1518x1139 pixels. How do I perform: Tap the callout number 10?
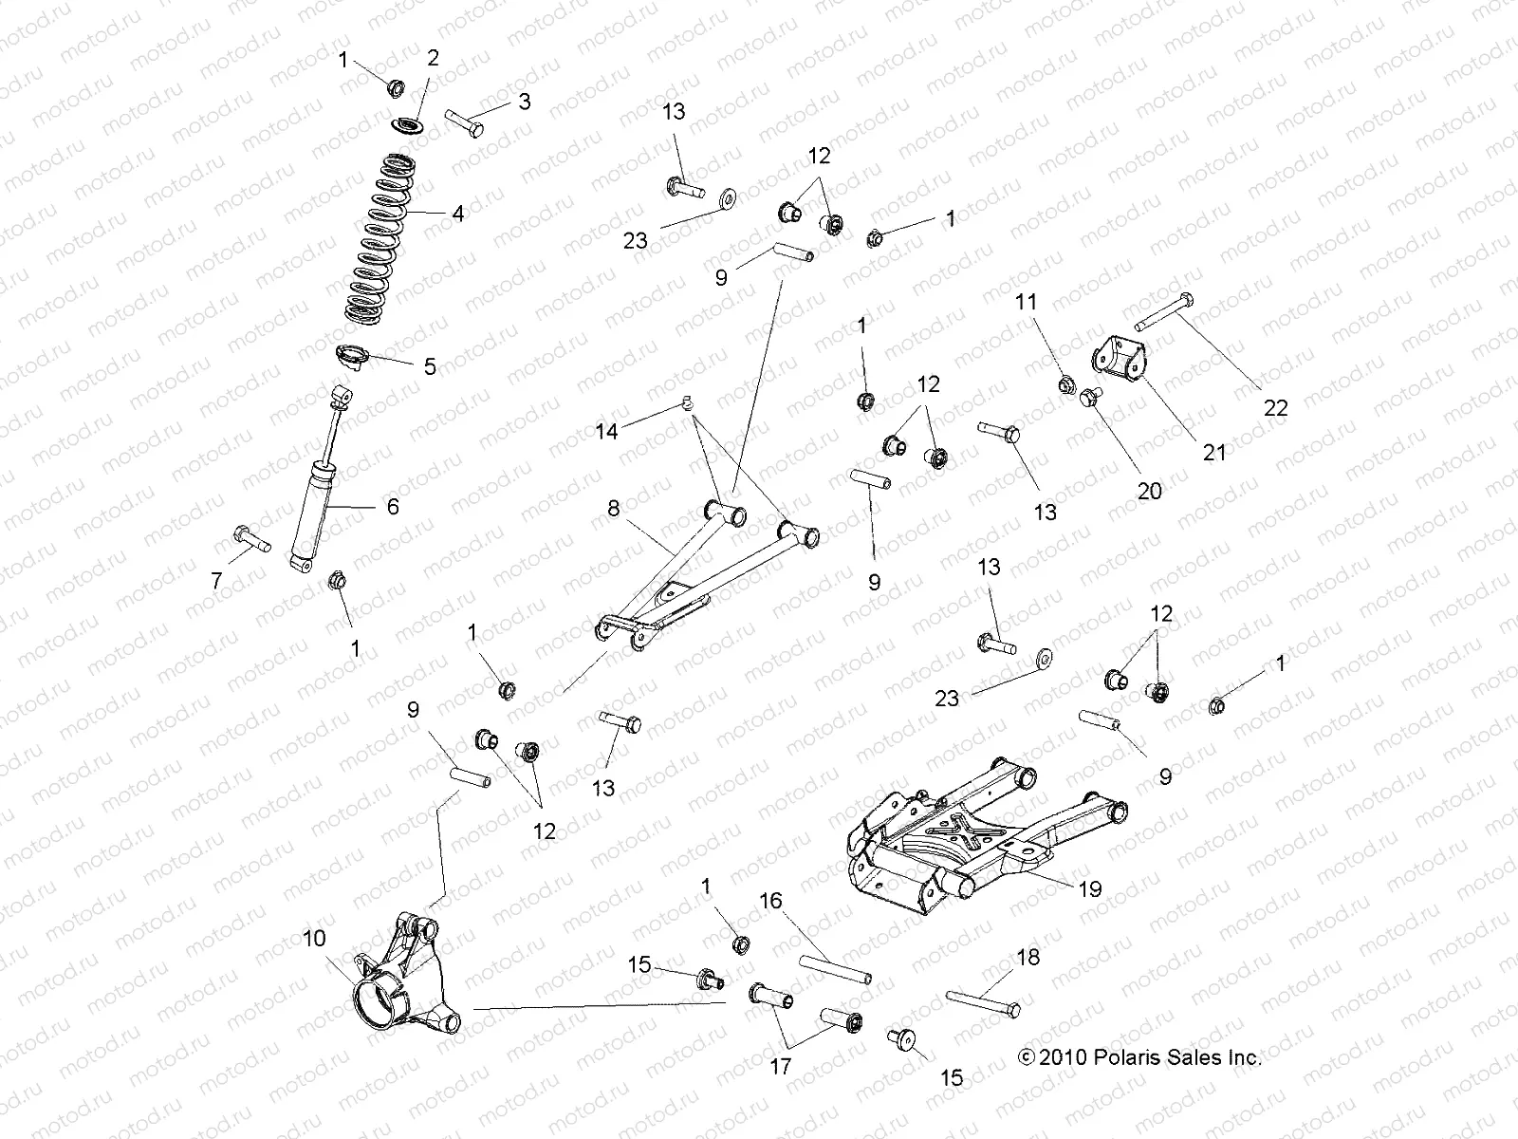(x=314, y=939)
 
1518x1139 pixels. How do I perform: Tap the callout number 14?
(x=606, y=432)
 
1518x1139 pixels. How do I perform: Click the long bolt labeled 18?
(x=983, y=1001)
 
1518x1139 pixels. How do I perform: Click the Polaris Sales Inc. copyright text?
(x=1138, y=1057)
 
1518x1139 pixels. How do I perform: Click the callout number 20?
(x=1149, y=491)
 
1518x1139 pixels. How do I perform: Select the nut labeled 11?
(x=1064, y=384)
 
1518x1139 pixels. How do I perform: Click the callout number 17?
(x=780, y=1067)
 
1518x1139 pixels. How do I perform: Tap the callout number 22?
(x=1276, y=408)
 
